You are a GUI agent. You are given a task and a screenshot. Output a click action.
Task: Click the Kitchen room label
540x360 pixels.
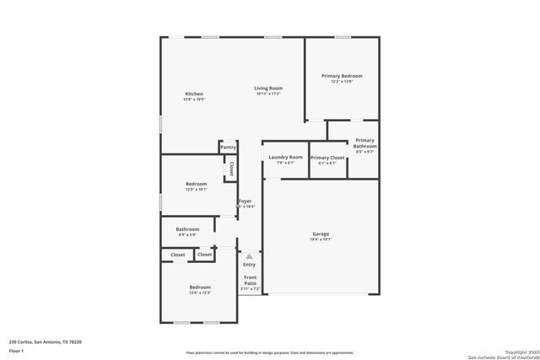194,94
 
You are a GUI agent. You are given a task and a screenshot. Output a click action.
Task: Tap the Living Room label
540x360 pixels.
268,89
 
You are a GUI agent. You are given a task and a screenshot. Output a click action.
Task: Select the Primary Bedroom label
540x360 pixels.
342,76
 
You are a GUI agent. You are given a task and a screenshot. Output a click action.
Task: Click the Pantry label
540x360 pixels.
228,148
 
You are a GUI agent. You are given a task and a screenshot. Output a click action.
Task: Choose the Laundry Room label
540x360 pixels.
285,158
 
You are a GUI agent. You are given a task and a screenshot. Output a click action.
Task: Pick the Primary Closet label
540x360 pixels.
327,158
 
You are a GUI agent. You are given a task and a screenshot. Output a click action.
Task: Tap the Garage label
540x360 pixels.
321,234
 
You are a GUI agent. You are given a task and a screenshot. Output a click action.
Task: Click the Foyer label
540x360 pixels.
245,201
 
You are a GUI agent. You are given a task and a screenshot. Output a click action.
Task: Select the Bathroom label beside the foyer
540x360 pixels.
187,229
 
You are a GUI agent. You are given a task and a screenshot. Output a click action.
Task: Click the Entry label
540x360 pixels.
249,265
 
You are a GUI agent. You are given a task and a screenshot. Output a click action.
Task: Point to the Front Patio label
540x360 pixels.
251,280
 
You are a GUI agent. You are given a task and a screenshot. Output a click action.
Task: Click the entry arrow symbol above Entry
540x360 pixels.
249,255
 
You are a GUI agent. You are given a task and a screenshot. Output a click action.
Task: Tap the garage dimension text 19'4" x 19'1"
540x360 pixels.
321,239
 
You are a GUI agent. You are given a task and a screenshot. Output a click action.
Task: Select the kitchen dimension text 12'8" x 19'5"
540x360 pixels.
194,99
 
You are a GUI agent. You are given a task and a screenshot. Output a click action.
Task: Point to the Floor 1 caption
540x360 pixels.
16,350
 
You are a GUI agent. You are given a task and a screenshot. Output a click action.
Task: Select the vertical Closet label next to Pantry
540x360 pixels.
231,168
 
